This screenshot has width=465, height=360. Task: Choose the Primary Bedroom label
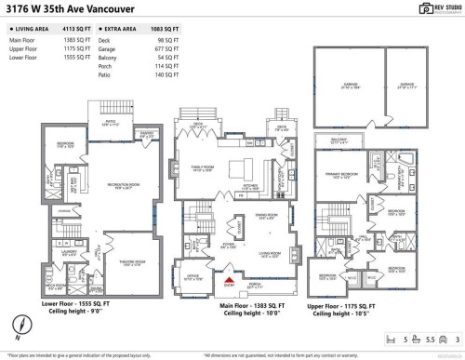[337, 174]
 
